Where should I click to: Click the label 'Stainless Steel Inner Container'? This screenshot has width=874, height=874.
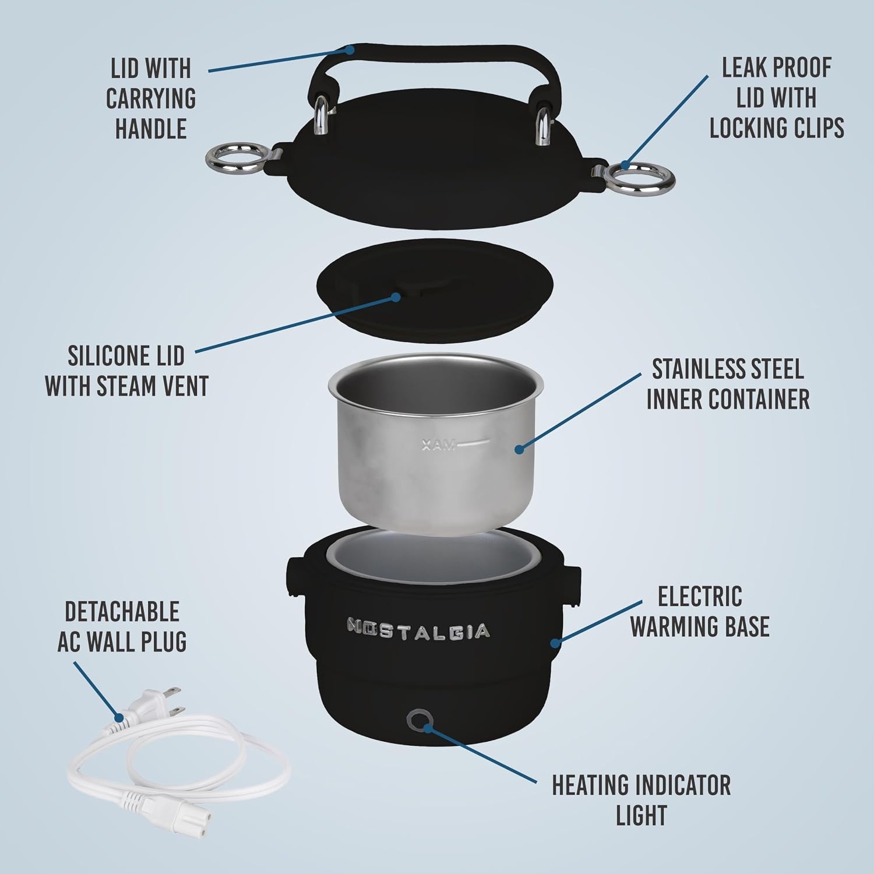(728, 385)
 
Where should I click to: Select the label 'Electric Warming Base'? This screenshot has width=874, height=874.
(700, 611)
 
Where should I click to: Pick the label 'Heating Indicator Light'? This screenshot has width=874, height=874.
(641, 799)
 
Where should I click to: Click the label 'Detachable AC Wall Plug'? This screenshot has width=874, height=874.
(122, 626)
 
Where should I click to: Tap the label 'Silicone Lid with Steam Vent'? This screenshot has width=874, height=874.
(126, 370)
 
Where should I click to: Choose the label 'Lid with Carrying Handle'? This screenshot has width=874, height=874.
(151, 98)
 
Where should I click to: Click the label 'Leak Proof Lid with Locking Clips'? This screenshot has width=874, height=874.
(777, 97)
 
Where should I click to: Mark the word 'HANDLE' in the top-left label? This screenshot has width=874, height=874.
(151, 128)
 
